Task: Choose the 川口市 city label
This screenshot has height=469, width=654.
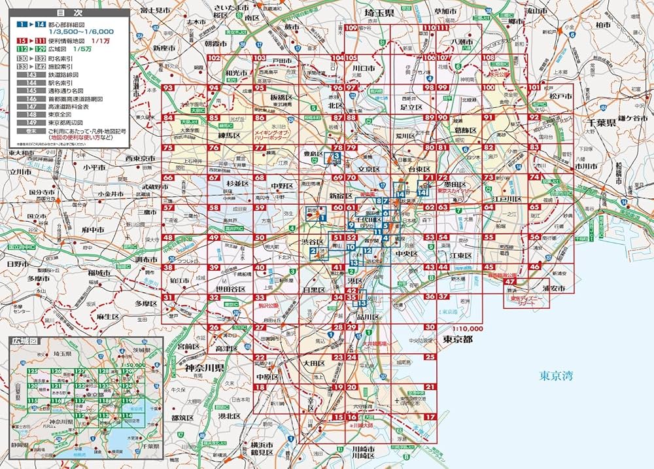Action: (x=362, y=68)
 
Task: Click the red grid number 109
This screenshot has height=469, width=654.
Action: (x=353, y=27)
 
